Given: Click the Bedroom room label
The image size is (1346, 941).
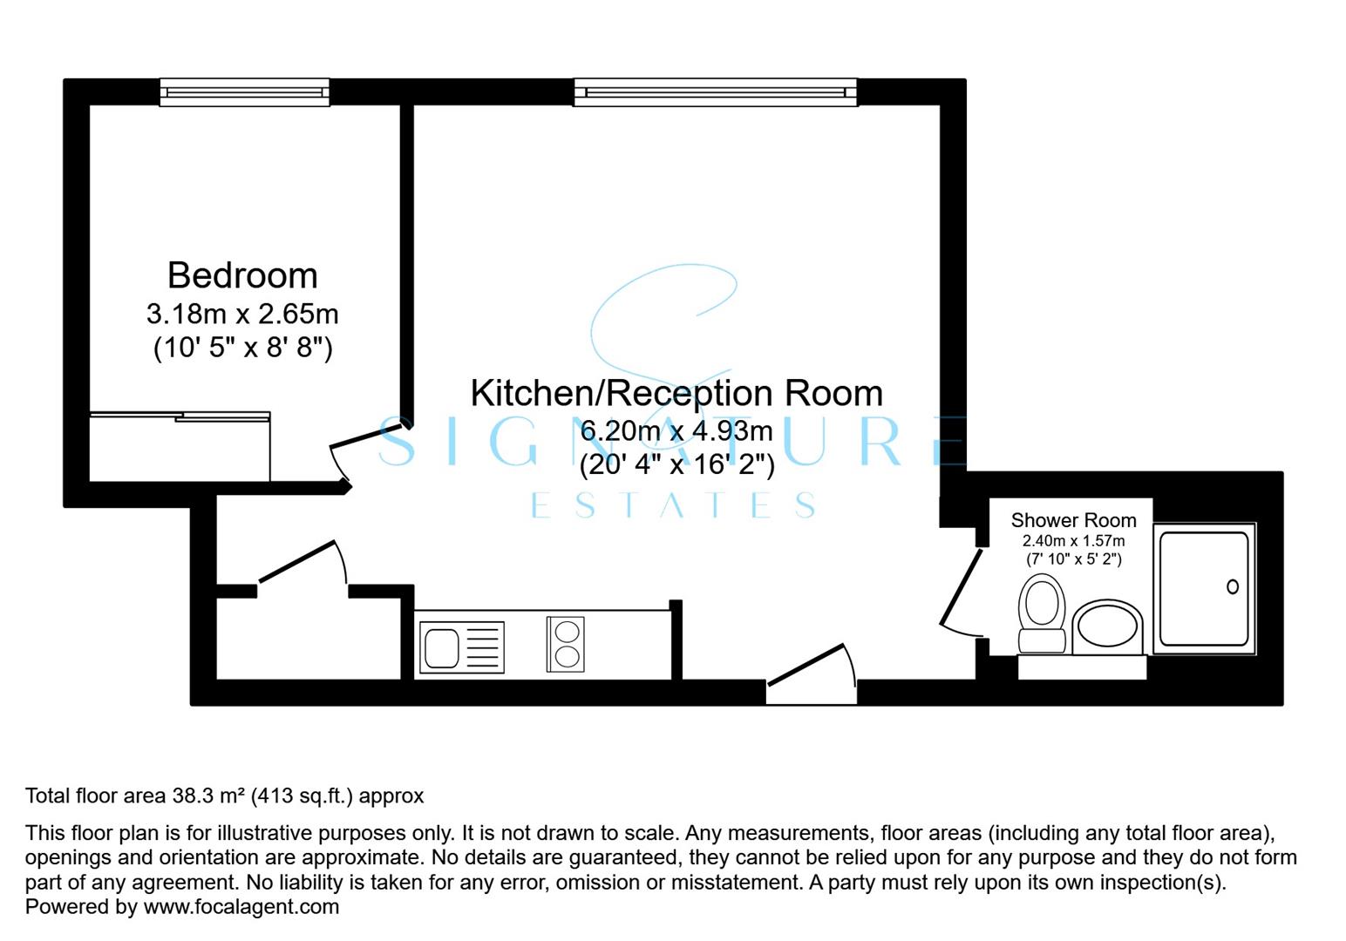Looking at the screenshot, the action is pyautogui.click(x=242, y=275).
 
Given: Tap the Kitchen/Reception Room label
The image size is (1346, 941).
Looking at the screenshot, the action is pyautogui.click(x=676, y=393).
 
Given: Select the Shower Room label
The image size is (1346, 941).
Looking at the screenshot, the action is pyautogui.click(x=1073, y=520).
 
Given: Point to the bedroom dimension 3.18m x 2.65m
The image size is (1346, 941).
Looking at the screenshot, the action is pyautogui.click(x=242, y=314).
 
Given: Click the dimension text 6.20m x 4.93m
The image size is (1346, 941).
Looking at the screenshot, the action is pyautogui.click(x=676, y=431).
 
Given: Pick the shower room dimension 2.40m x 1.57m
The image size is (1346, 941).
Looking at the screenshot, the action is pyautogui.click(x=1073, y=541).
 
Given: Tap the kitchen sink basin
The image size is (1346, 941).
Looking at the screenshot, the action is pyautogui.click(x=442, y=648).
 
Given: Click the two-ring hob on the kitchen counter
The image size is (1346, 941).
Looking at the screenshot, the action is pyautogui.click(x=566, y=644).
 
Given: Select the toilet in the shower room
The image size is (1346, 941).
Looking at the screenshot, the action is pyautogui.click(x=1042, y=613).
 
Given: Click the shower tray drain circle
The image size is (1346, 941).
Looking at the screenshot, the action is pyautogui.click(x=1233, y=586).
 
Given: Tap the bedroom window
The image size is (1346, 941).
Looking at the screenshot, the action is pyautogui.click(x=245, y=92).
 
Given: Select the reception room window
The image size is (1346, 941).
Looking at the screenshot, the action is pyautogui.click(x=716, y=92).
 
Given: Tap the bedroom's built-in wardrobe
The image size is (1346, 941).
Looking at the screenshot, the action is pyautogui.click(x=180, y=447).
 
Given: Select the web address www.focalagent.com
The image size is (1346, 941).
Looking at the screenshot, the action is pyautogui.click(x=241, y=907).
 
